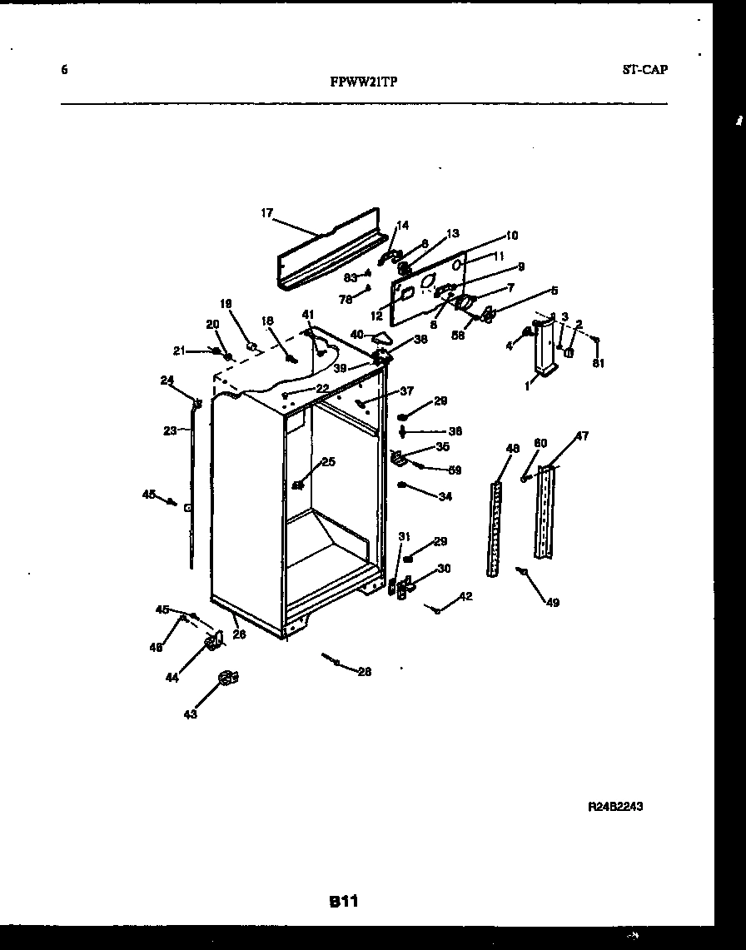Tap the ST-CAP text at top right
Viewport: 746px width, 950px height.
(x=644, y=70)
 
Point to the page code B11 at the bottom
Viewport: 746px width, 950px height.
(x=342, y=901)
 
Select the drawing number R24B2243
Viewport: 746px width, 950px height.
(x=615, y=807)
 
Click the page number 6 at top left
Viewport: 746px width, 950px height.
(x=65, y=70)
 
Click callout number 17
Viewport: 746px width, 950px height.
(x=266, y=213)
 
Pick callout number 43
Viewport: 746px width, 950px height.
(x=191, y=714)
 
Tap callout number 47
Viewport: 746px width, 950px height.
(x=582, y=436)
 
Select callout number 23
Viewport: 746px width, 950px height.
(x=170, y=430)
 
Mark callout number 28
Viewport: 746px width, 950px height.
(x=364, y=671)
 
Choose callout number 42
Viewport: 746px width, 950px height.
(x=465, y=596)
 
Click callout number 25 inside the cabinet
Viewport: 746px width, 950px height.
(x=328, y=461)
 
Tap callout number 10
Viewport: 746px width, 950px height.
(x=511, y=236)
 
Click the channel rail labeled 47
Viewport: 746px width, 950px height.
(x=545, y=512)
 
